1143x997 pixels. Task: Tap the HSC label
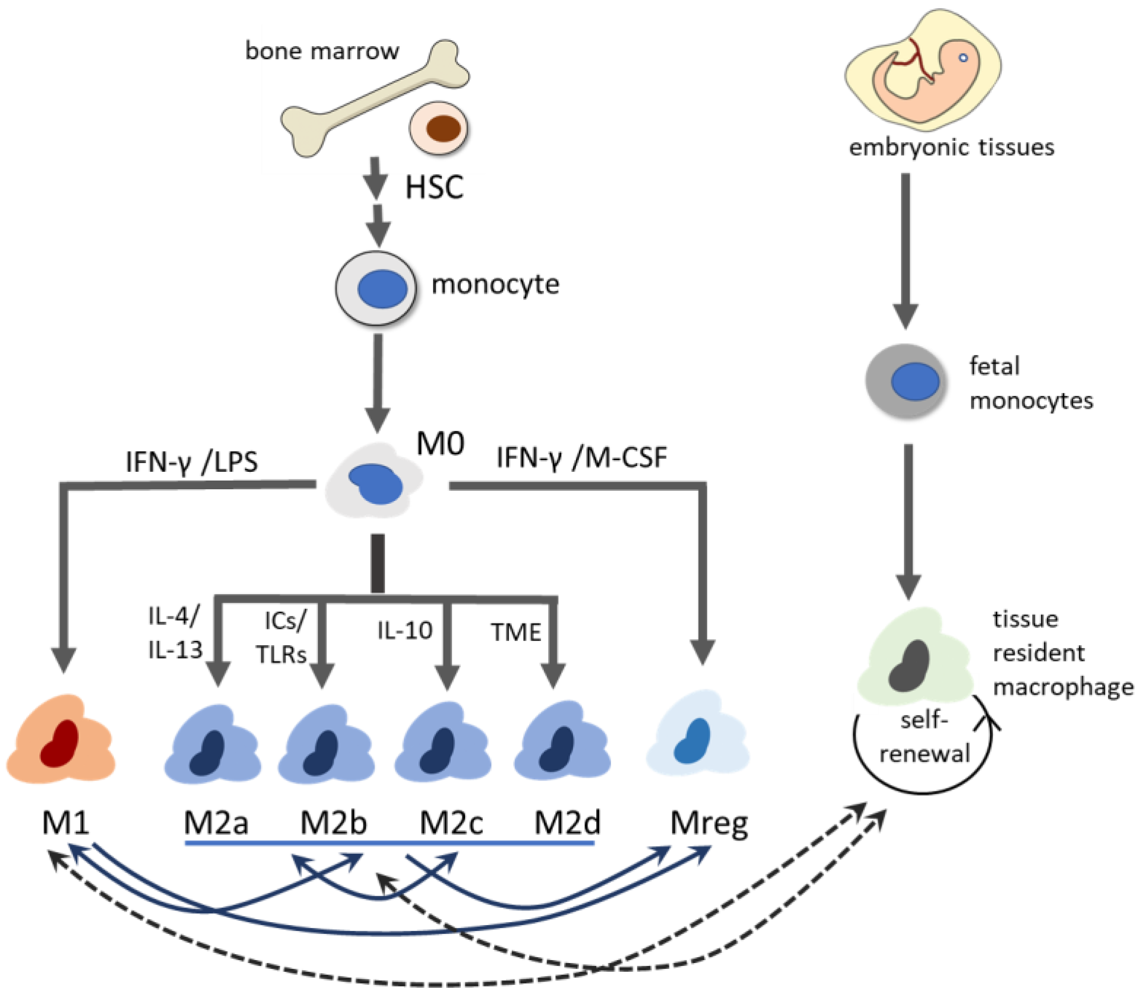(434, 187)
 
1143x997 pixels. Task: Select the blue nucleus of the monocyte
(382, 289)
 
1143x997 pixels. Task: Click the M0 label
(440, 444)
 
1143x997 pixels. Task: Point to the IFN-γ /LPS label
(191, 462)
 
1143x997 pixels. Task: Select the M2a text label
(216, 823)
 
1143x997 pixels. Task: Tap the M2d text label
(567, 823)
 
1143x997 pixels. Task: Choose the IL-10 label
(404, 631)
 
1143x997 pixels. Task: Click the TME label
(515, 632)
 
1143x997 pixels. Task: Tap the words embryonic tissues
(951, 148)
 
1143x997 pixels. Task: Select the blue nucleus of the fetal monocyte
(915, 381)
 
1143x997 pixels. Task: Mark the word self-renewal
(924, 737)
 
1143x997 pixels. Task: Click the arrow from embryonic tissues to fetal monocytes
(906, 250)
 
